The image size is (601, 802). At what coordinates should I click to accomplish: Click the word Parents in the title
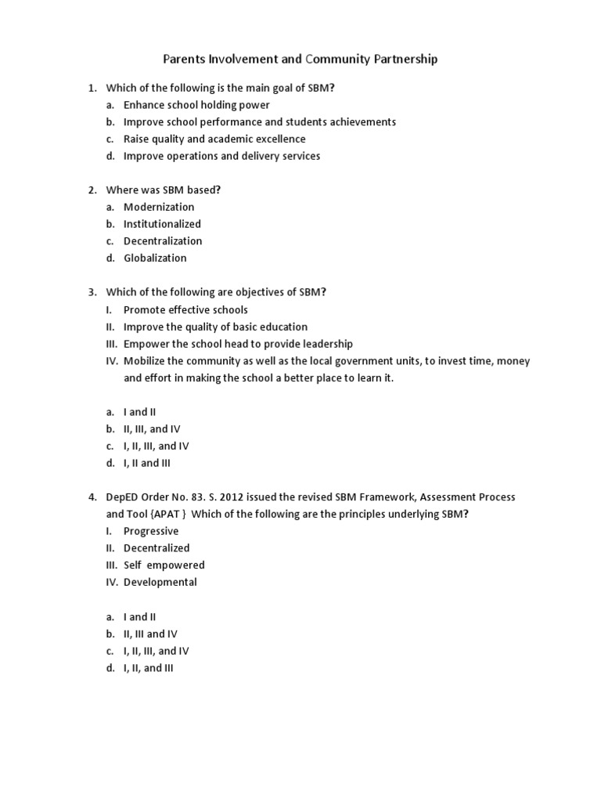[x=186, y=59]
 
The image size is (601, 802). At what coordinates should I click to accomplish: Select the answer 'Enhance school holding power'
[x=196, y=105]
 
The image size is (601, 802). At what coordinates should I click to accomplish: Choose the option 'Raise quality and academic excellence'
[x=214, y=139]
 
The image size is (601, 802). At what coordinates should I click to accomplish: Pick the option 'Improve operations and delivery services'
[x=221, y=156]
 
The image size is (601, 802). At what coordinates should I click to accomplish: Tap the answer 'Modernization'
[x=159, y=207]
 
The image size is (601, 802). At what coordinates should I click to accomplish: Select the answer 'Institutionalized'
[x=162, y=224]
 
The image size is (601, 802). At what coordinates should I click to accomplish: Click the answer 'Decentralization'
[x=163, y=241]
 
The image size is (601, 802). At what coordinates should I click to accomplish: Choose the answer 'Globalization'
[x=155, y=258]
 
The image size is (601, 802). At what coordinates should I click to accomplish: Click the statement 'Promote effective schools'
[x=185, y=309]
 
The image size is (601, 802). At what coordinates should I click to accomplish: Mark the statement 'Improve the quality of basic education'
[x=215, y=327]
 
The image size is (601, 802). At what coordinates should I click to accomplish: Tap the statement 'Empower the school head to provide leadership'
[x=238, y=344]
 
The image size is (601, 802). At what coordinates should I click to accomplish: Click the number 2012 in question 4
[x=229, y=497]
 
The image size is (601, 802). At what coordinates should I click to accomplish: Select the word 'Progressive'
[x=151, y=531]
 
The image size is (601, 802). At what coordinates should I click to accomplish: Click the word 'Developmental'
[x=160, y=582]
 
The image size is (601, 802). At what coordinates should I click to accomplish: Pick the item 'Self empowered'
[x=164, y=565]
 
